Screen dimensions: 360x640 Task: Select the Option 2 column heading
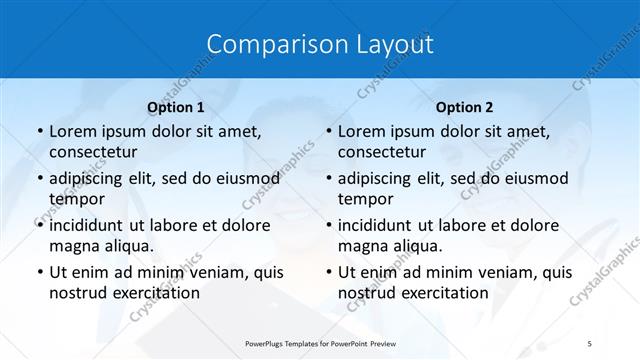click(464, 106)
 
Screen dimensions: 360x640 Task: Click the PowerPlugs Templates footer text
click(320, 342)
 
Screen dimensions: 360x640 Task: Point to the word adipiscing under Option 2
click(379, 178)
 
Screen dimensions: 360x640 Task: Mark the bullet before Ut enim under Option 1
click(38, 273)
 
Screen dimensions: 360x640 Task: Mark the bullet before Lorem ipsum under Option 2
click(327, 132)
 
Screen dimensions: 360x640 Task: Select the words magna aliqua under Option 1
click(101, 245)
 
